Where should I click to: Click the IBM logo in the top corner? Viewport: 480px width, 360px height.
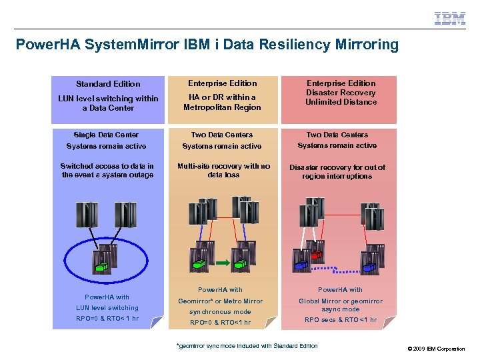click(x=449, y=19)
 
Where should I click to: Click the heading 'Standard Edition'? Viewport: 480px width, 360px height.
click(x=108, y=84)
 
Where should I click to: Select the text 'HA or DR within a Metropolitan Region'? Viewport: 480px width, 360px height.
click(x=222, y=102)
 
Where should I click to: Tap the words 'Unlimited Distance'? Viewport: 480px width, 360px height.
click(x=341, y=102)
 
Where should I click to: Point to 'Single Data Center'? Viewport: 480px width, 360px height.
click(x=107, y=135)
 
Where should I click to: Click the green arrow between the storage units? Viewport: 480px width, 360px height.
click(x=223, y=261)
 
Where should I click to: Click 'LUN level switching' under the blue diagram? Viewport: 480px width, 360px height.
click(x=107, y=308)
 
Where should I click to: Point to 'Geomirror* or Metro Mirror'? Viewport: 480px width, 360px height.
click(x=220, y=301)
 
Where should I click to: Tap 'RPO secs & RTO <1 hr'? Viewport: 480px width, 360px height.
click(x=340, y=320)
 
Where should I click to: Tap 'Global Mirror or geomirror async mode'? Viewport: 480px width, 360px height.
click(x=340, y=305)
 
